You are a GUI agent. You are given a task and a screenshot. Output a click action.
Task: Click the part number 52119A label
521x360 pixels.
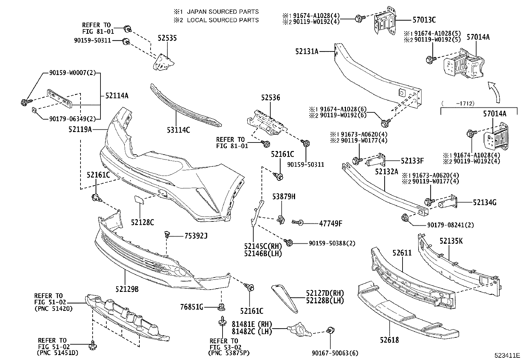click(x=80, y=129)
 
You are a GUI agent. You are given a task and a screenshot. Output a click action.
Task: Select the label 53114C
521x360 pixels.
click(x=178, y=130)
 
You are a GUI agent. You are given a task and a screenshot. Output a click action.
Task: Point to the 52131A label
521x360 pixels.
click(x=307, y=51)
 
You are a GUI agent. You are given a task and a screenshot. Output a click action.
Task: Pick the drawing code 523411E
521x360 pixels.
click(x=507, y=355)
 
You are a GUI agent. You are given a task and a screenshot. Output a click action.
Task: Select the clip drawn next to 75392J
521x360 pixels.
click(x=167, y=235)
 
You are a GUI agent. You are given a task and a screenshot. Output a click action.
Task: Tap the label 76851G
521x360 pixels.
click(x=191, y=307)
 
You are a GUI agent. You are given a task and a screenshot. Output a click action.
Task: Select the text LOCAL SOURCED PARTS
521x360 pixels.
click(x=223, y=20)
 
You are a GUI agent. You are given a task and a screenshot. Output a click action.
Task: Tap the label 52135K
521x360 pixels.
click(x=451, y=241)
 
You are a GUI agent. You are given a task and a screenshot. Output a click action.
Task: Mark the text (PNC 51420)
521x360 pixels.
click(x=53, y=309)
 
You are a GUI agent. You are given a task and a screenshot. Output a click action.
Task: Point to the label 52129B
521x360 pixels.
click(x=127, y=289)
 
